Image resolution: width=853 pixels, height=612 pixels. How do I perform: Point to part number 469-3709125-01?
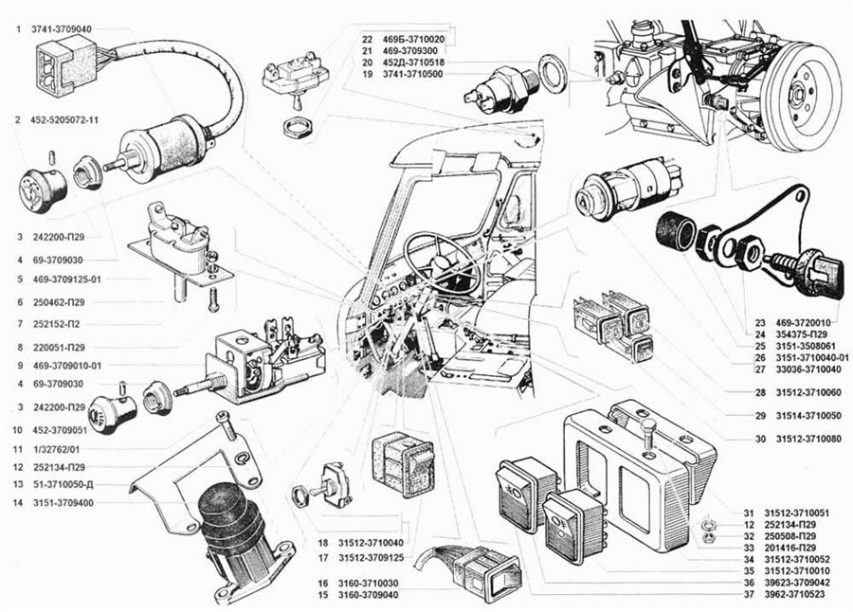(x=73, y=279)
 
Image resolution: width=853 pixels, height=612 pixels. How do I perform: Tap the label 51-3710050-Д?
(x=68, y=484)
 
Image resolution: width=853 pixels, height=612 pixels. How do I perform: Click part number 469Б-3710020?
(x=418, y=39)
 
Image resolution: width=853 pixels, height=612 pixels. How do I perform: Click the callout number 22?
(x=367, y=39)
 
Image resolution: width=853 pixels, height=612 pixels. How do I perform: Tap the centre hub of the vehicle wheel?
(x=795, y=93)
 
